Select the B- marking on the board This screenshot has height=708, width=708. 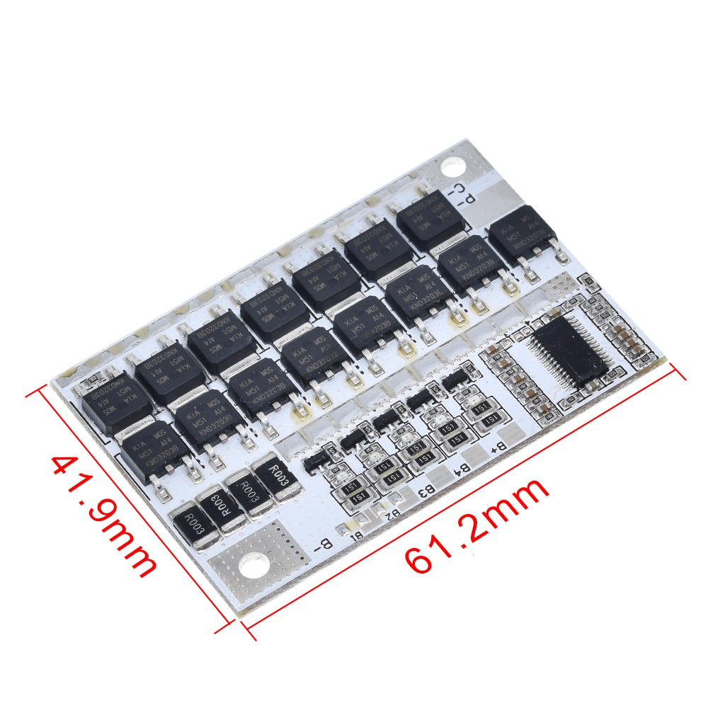pyautogui.click(x=323, y=544)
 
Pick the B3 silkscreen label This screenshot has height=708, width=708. pyautogui.click(x=427, y=489)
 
